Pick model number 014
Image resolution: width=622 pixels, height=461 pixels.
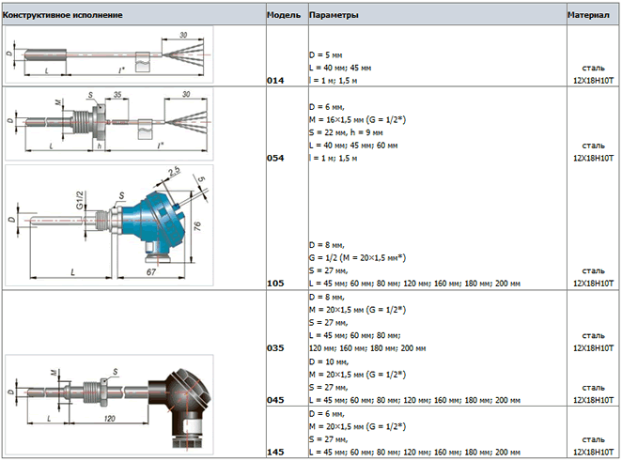coord(275,82)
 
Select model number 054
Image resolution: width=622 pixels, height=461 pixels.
coord(275,159)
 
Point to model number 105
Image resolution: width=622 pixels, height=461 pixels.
coord(275,283)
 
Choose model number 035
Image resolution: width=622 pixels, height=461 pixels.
coord(275,348)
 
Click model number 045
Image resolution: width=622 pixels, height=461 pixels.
coord(275,400)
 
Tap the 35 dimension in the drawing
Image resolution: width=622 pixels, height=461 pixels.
coord(118,95)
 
